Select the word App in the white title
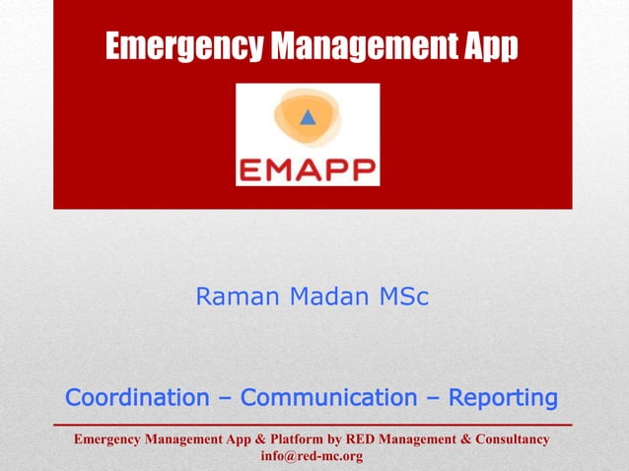[490, 46]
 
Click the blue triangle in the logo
[308, 118]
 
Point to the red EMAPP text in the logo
[308, 168]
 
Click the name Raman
[232, 297]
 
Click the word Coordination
[137, 398]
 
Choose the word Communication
[329, 398]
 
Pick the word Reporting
[503, 398]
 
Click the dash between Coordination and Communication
[225, 399]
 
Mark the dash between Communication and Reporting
[433, 399]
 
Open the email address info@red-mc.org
[312, 456]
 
